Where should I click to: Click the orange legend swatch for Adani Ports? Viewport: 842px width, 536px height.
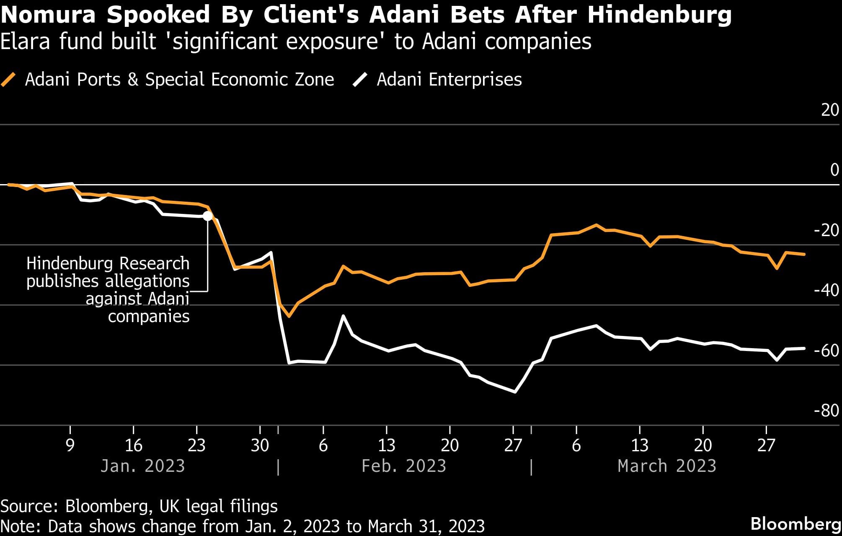click(x=8, y=79)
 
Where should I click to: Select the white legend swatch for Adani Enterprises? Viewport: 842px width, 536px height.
click(x=360, y=79)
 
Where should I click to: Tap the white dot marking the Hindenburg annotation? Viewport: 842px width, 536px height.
click(x=208, y=216)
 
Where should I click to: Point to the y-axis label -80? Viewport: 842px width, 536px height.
click(x=826, y=410)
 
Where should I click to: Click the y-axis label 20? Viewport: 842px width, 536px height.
click(x=830, y=110)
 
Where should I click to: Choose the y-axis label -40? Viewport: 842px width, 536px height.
click(x=826, y=290)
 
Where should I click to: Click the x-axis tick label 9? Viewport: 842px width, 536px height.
click(x=70, y=445)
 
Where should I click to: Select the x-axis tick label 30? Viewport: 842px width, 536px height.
click(x=260, y=445)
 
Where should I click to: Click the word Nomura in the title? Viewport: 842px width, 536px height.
click(x=48, y=15)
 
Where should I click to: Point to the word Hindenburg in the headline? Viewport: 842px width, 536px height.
click(x=659, y=15)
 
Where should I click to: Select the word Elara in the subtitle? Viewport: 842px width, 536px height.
click(x=26, y=42)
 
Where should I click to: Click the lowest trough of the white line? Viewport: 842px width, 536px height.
click(x=515, y=392)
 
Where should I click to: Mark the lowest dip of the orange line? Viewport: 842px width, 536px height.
click(x=289, y=316)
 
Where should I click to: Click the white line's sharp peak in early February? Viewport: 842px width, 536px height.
click(x=344, y=315)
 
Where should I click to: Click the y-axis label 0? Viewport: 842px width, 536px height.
click(x=834, y=170)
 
